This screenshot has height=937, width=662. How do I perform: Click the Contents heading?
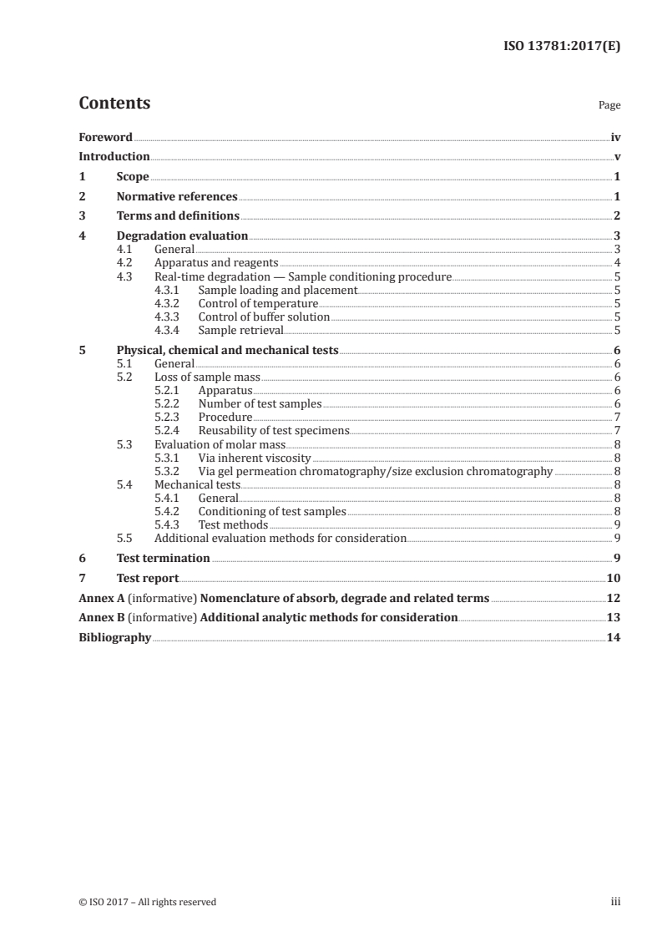(x=114, y=104)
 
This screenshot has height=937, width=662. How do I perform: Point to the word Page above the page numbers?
(x=609, y=105)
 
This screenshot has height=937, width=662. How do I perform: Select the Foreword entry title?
(x=105, y=137)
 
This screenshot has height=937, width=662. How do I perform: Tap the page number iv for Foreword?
(x=615, y=137)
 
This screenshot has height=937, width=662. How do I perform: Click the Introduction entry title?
(x=114, y=157)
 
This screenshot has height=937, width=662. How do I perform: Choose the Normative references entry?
(x=177, y=197)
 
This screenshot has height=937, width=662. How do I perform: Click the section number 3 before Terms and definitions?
(x=82, y=216)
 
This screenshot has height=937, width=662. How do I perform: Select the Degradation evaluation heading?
(x=182, y=236)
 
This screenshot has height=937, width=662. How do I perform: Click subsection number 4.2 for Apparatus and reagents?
(x=124, y=263)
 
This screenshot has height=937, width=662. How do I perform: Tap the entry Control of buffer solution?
(x=264, y=317)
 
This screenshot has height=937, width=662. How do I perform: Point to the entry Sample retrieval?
(x=241, y=330)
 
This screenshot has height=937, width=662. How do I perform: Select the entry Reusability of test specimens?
(x=273, y=430)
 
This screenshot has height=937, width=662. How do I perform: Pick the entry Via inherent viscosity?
(x=254, y=457)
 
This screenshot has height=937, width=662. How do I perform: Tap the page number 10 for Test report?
(x=614, y=578)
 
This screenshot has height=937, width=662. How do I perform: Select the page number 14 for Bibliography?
(x=614, y=638)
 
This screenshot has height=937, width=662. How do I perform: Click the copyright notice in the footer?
(x=147, y=901)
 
